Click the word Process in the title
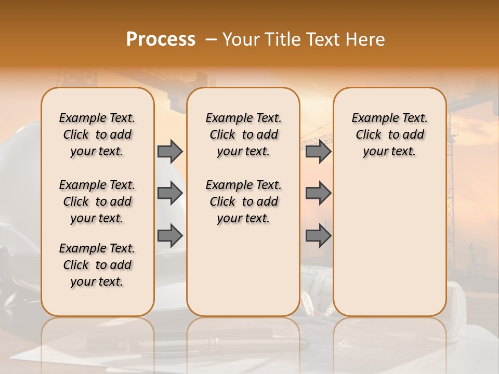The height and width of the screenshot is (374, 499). (161, 39)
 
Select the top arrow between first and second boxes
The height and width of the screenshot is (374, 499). (170, 151)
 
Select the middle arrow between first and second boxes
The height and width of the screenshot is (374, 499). (170, 193)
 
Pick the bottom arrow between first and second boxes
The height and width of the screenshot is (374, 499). (170, 236)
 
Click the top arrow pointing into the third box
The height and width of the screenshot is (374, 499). (318, 151)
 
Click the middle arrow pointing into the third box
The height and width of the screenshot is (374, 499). (318, 193)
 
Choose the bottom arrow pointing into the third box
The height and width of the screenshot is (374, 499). (318, 236)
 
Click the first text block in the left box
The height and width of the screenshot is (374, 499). (97, 135)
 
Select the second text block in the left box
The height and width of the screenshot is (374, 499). (97, 202)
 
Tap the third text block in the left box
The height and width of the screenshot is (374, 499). (97, 265)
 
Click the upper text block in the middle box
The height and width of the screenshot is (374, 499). (243, 135)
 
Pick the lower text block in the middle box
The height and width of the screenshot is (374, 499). (243, 202)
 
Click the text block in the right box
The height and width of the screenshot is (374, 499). (389, 135)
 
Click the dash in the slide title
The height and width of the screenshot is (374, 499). (211, 39)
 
